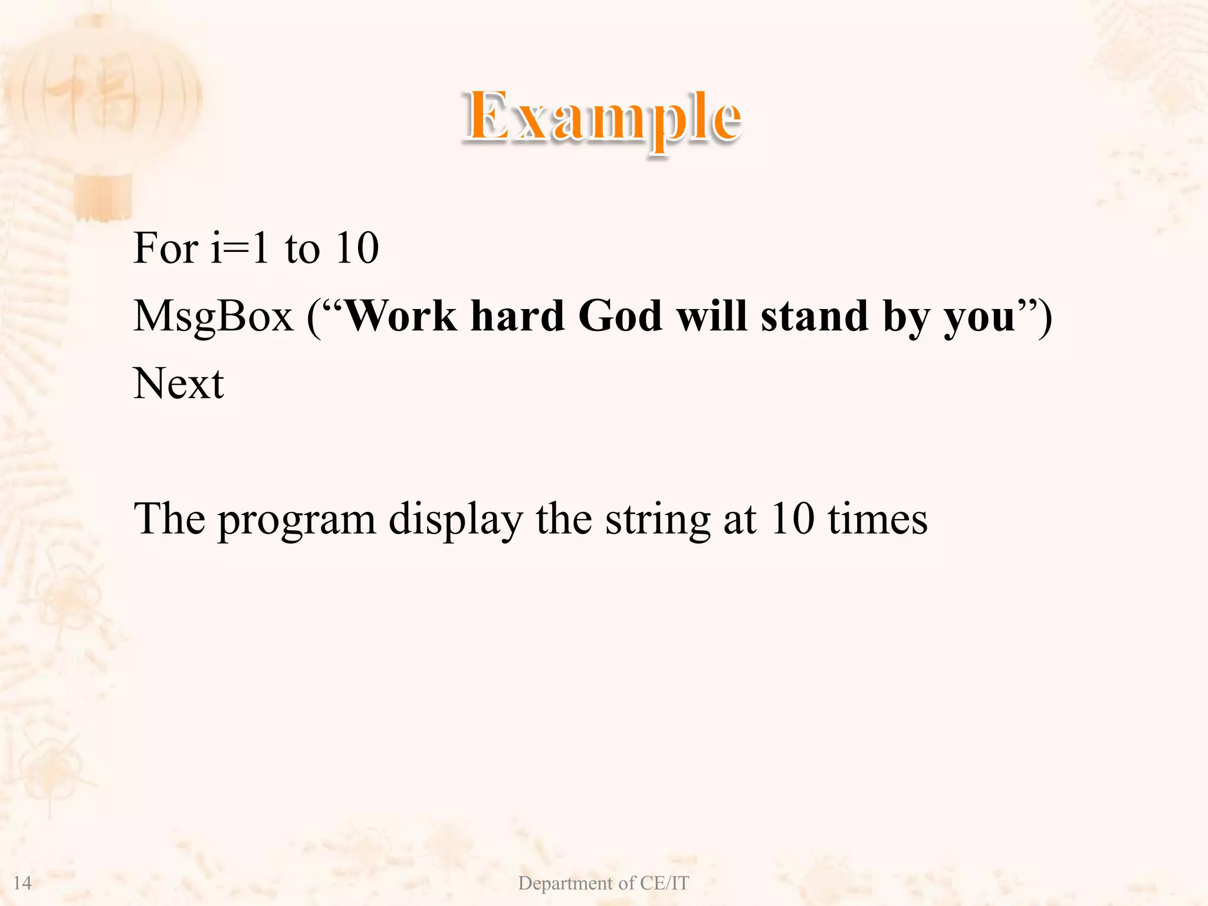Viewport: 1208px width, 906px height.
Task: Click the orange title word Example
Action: tap(602, 118)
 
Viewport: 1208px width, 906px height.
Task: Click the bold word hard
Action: tap(517, 316)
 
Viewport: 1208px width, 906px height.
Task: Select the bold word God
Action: tap(620, 316)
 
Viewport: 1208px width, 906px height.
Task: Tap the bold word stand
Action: tap(815, 316)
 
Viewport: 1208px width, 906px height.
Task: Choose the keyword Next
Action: tap(178, 384)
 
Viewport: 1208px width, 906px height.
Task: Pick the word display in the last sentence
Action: tap(455, 520)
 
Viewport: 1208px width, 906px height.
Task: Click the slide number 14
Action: tap(22, 883)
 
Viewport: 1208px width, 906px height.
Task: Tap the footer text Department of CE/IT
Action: tap(603, 883)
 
